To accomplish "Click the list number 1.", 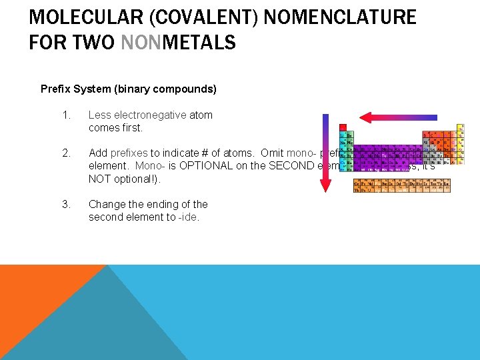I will coord(65,115).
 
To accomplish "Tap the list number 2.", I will coord(65,153).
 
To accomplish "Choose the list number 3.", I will coord(65,204).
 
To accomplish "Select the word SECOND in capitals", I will coord(293,165).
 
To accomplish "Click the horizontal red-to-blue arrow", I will coord(399,117).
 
